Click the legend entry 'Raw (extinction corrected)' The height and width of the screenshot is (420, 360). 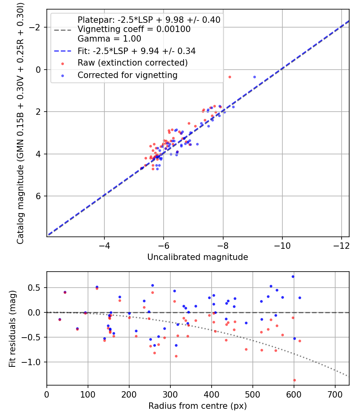click(132, 63)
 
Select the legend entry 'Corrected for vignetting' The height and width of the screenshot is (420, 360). click(127, 75)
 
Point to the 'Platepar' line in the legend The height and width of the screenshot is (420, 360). click(149, 20)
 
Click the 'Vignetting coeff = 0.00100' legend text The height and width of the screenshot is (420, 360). click(134, 29)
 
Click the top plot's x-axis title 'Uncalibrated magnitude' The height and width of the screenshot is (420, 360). click(198, 257)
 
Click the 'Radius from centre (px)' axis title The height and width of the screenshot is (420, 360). click(198, 406)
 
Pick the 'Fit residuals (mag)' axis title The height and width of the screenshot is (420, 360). click(12, 328)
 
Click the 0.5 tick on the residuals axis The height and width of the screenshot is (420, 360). click(37, 288)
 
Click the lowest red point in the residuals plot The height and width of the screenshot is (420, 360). click(294, 380)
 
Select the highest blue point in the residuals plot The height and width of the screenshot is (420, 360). click(293, 276)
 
